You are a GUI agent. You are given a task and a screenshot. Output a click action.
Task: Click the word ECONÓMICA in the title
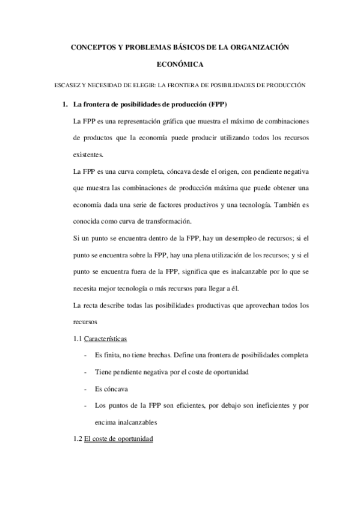coord(180,64)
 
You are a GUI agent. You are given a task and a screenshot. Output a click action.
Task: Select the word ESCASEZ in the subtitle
coord(67,85)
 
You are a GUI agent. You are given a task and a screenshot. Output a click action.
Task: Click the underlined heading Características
coord(105,339)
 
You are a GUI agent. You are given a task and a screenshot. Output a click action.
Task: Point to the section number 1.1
coord(77,339)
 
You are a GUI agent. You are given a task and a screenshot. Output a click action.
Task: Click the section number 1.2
coord(77,439)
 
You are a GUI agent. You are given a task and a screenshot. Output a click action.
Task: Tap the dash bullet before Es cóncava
coord(88,389)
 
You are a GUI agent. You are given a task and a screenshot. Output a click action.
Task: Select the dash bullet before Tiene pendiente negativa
coord(88,372)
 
